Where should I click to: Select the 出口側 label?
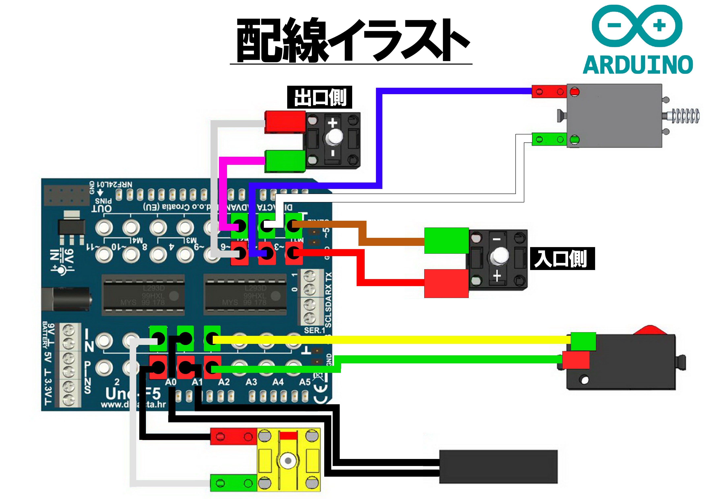pyautogui.click(x=319, y=97)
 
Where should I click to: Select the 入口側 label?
pyautogui.click(x=562, y=259)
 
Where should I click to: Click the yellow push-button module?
pyautogui.click(x=288, y=460)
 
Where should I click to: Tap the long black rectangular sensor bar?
pyautogui.click(x=498, y=467)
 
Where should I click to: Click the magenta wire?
pyautogui.click(x=223, y=191)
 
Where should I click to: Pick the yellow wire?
pyautogui.click(x=390, y=340)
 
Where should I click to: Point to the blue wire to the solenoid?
pyautogui.click(x=455, y=91)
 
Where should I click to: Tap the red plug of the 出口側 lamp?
pyautogui.click(x=285, y=122)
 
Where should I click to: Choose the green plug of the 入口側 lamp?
pyautogui.click(x=446, y=240)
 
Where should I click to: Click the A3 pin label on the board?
pyautogui.click(x=251, y=382)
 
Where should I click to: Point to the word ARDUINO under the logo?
pyautogui.click(x=637, y=65)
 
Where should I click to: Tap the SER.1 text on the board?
pyautogui.click(x=314, y=331)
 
